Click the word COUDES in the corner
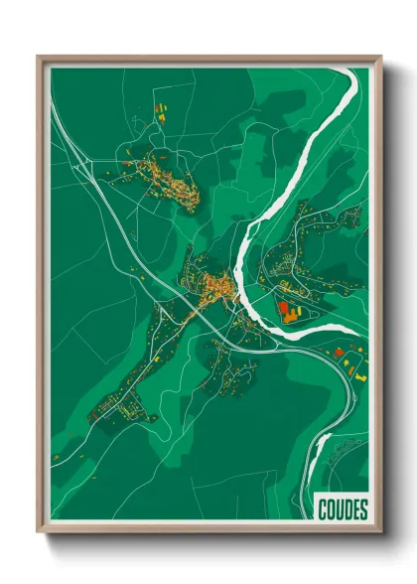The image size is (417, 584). click(x=343, y=510)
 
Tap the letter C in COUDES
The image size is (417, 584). click(x=324, y=510)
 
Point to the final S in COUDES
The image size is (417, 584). click(x=363, y=510)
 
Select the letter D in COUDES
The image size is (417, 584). click(x=347, y=510)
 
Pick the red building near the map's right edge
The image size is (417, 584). click(x=339, y=352)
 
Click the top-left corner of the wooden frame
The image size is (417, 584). click(x=39, y=57)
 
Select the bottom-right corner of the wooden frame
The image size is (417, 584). click(x=380, y=531)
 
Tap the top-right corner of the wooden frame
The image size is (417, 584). click(x=380, y=57)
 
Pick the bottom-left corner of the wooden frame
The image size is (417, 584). click(x=39, y=531)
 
